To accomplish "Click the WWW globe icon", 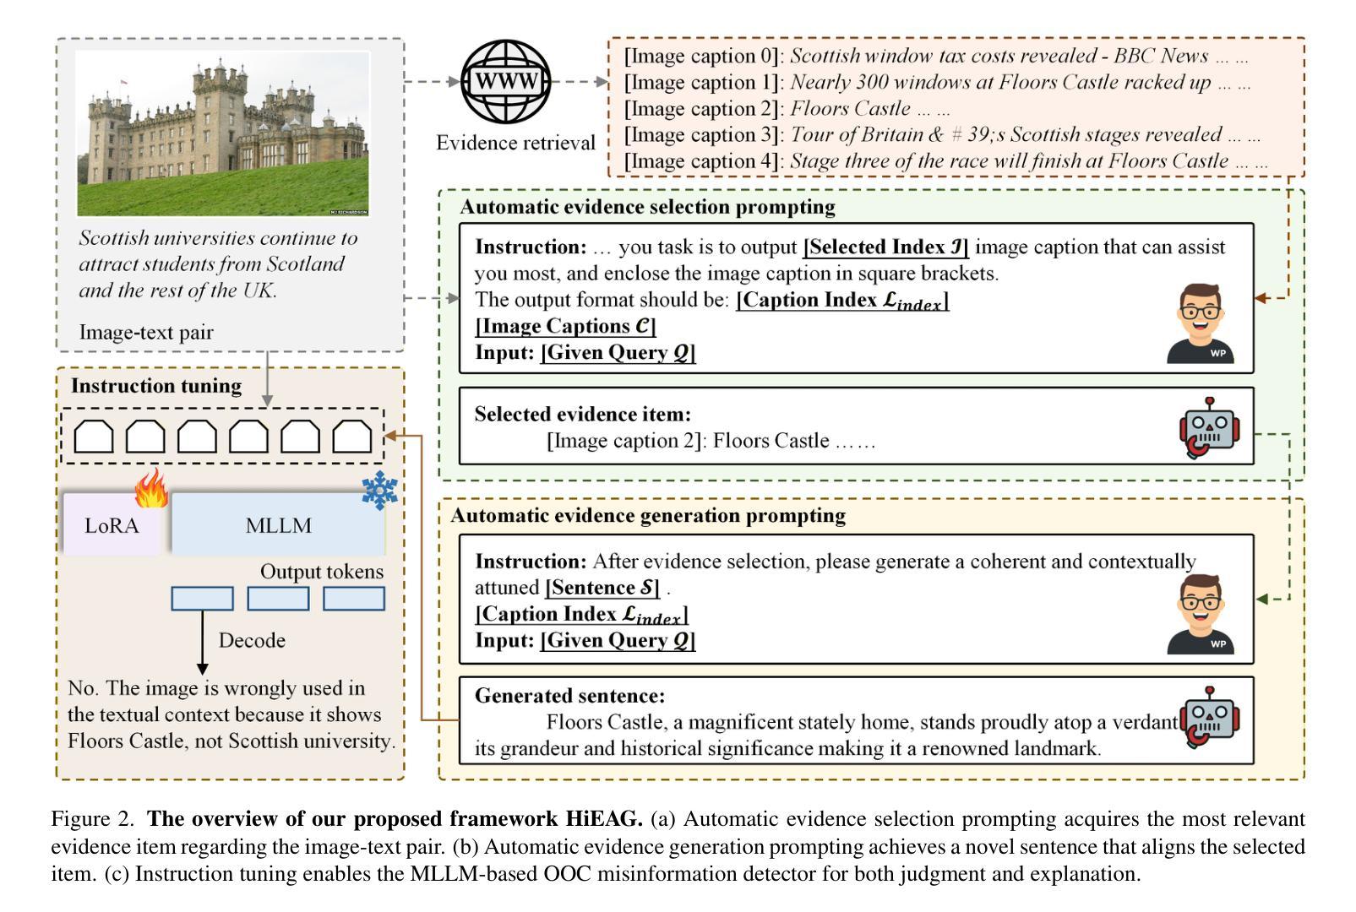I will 505,82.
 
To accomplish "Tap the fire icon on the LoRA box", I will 152,490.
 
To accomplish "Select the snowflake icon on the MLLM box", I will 379,491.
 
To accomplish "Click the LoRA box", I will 112,525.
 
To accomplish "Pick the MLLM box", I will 279,525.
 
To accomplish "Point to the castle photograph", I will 223,133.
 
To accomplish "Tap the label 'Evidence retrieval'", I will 515,143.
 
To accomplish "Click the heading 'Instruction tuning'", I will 156,386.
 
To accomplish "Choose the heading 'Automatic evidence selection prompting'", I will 647,207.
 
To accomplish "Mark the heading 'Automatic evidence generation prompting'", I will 648,516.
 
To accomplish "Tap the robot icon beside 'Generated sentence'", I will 1210,717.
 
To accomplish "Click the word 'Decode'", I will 252,640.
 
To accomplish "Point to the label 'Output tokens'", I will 321,572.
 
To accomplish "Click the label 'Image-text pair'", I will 146,332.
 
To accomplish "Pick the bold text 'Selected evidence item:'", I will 582,414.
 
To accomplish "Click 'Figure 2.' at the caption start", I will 92,818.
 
